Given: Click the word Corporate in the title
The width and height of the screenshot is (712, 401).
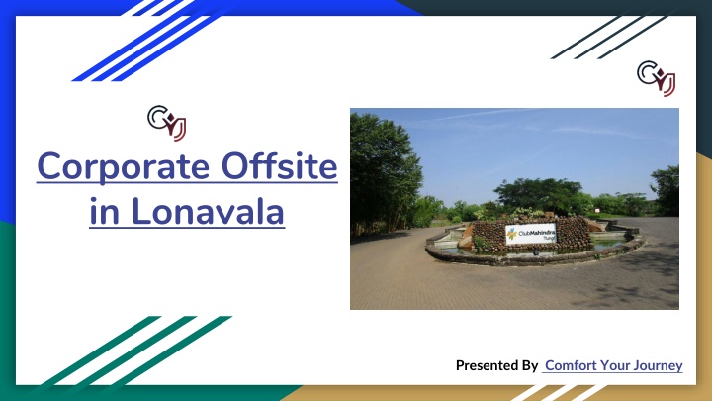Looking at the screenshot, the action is [123, 168].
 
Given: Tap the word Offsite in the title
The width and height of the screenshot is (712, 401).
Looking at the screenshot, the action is [279, 166].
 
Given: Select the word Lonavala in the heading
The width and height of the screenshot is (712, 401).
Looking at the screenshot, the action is [208, 211].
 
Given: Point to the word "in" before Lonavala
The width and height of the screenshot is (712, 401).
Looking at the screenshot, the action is [105, 212].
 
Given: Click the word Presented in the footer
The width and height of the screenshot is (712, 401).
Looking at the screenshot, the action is [486, 365].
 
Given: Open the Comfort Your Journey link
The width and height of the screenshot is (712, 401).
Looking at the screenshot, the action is [613, 365].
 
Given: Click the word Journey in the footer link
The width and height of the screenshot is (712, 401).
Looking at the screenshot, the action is [659, 366].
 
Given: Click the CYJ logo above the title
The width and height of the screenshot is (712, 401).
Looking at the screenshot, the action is [167, 123].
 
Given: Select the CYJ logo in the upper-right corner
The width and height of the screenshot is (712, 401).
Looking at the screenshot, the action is [657, 78].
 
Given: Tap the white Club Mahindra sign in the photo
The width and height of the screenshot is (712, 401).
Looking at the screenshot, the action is [531, 234].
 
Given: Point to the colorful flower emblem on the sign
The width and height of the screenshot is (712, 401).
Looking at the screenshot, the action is [512, 234].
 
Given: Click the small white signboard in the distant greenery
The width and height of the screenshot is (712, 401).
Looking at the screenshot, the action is [596, 211].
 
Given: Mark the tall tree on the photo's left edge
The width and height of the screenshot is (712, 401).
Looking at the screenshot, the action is [384, 172].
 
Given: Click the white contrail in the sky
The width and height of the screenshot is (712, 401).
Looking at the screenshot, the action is [477, 114].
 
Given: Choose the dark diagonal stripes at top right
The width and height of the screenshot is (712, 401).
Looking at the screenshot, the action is [609, 38].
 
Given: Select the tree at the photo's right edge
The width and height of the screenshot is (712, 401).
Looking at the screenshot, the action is [667, 190].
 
